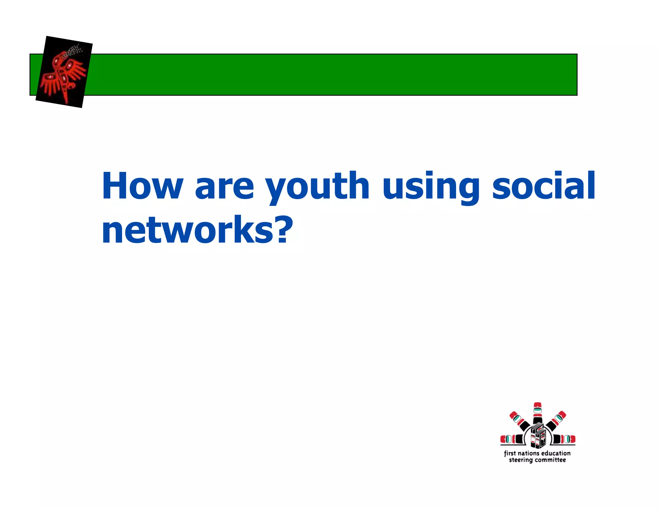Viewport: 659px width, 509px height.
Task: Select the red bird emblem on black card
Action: coord(64,72)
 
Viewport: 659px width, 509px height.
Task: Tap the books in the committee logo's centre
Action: coord(537,435)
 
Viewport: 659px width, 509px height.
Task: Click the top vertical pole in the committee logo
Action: coord(537,413)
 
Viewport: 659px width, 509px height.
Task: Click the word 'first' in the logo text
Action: coord(510,453)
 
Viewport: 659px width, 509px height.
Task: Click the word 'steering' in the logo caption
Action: coord(521,460)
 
